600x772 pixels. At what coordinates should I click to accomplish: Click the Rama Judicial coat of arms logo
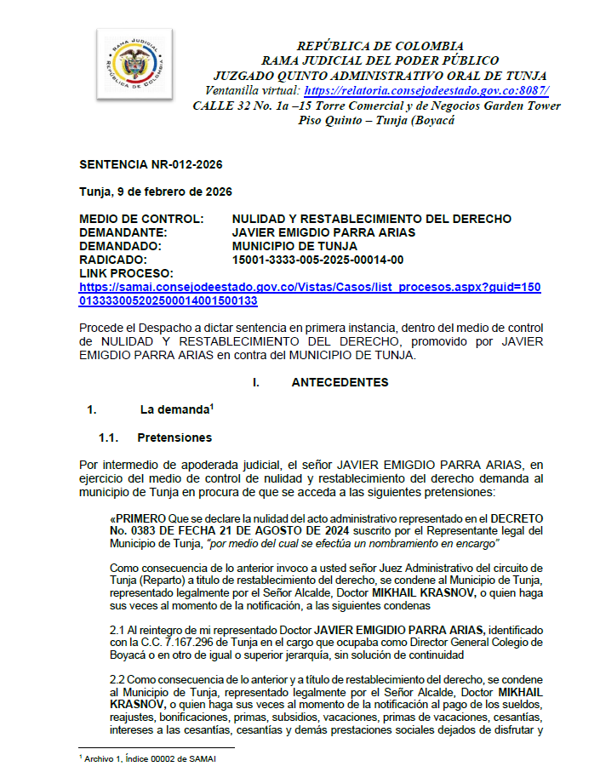click(134, 65)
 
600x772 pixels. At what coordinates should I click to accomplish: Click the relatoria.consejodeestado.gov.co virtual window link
click(426, 90)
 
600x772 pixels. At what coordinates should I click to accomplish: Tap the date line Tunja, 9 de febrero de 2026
click(155, 192)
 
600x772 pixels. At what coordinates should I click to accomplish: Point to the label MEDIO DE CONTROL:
click(141, 219)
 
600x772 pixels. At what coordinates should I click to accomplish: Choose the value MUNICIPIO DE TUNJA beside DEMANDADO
click(294, 246)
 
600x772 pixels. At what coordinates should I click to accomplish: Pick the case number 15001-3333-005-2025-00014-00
click(317, 260)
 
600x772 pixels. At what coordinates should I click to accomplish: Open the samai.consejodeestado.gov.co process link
click(310, 294)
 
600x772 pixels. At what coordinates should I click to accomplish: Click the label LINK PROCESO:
click(126, 273)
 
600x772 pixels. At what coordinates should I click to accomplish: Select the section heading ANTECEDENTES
click(340, 382)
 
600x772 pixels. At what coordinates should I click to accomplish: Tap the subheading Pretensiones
click(174, 437)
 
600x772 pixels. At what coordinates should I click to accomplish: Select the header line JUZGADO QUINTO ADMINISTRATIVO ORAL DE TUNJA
click(380, 75)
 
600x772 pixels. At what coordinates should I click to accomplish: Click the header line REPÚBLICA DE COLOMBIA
click(380, 45)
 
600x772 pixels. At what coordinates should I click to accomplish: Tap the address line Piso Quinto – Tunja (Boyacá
click(376, 120)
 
